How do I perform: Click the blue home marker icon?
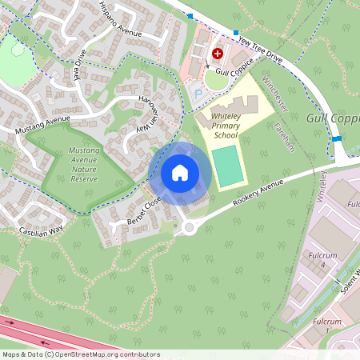tap(180, 172)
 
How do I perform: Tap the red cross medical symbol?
tap(215, 54)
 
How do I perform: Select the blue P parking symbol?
tap(198, 94)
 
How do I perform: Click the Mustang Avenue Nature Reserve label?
tap(83, 164)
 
